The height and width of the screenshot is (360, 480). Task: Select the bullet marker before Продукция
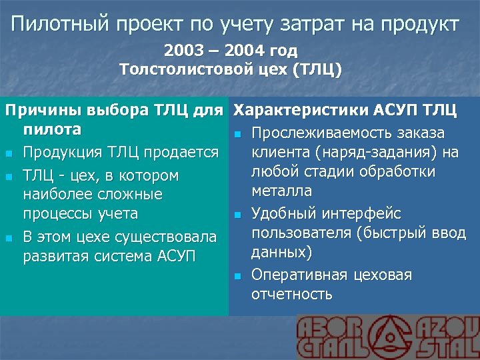[8, 153]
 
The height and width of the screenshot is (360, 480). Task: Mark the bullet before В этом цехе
[8, 238]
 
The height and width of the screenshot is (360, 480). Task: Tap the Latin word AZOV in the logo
[449, 327]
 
